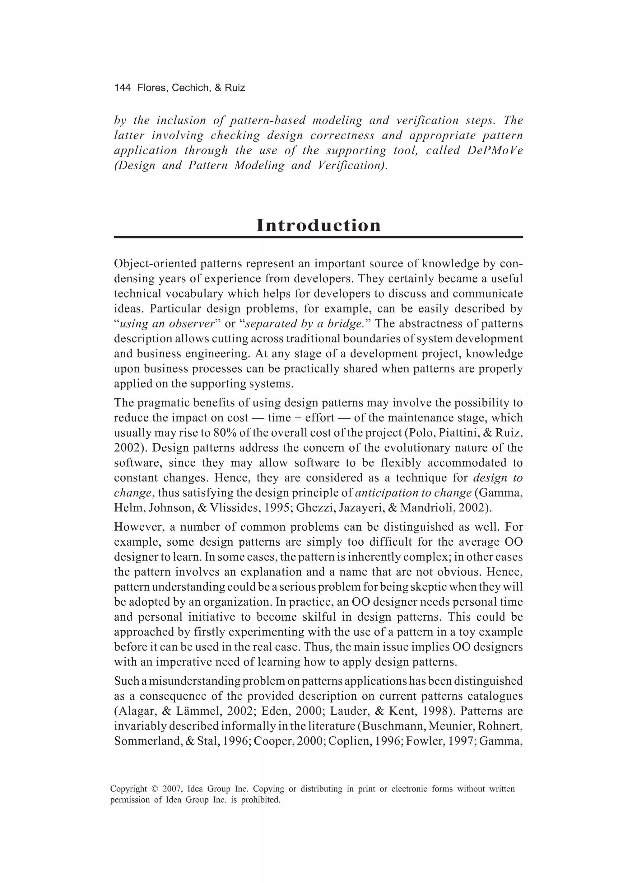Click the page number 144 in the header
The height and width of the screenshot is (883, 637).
click(x=122, y=88)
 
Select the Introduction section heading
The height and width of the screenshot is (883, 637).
click(x=318, y=225)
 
